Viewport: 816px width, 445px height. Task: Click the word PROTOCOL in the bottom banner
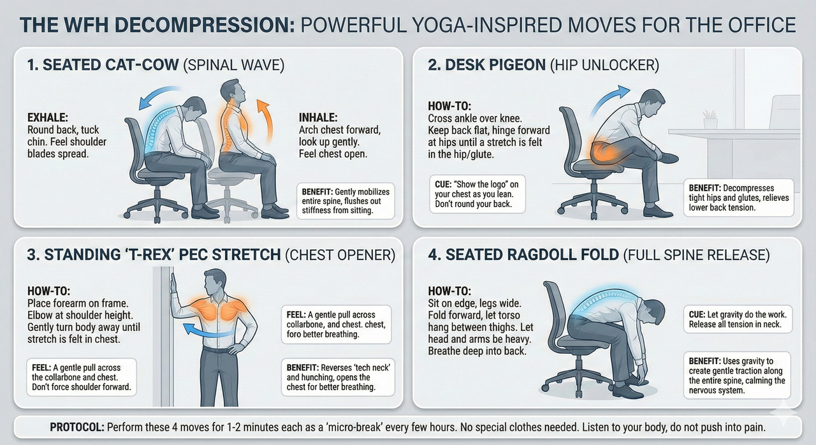pos(73,427)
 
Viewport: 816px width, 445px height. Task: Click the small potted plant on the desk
pos(710,119)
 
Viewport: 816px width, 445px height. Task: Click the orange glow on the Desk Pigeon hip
pos(606,150)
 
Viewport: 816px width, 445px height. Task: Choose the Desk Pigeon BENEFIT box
pos(739,198)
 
